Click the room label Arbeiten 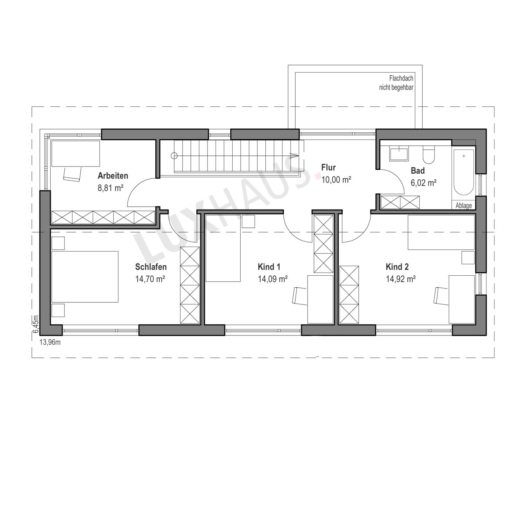pos(113,175)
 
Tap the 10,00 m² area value pos(336,180)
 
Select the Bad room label pos(418,171)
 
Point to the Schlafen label pos(151,267)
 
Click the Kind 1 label pos(269,267)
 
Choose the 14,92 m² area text pos(401,279)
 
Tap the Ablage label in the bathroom pos(464,206)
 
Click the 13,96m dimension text pos(50,342)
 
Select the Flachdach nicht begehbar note pos(396,83)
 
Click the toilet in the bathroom pos(429,155)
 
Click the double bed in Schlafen pos(85,277)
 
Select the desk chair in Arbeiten pos(72,174)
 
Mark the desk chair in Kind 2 pos(441,295)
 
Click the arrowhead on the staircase pos(294,156)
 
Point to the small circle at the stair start pos(174,156)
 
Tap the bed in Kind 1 pos(223,248)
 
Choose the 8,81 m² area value pos(111,188)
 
